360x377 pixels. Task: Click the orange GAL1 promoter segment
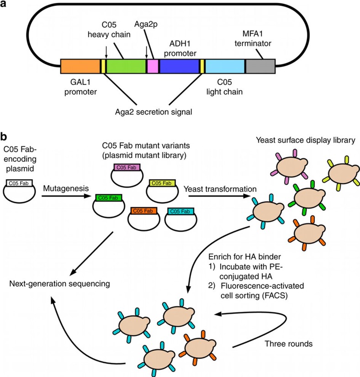pyautogui.click(x=80, y=66)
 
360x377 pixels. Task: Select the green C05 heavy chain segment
pyautogui.click(x=126, y=66)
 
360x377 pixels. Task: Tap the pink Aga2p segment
pyautogui.click(x=153, y=66)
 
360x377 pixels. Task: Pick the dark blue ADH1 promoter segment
pyautogui.click(x=180, y=66)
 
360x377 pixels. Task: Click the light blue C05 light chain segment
pyautogui.click(x=225, y=66)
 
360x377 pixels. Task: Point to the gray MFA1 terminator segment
pyautogui.click(x=260, y=66)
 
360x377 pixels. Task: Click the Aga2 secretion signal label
pyautogui.click(x=154, y=112)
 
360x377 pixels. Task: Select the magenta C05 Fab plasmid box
pyautogui.click(x=127, y=167)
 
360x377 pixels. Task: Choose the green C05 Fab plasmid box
pyautogui.click(x=109, y=198)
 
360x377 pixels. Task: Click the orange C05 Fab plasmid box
pyautogui.click(x=143, y=211)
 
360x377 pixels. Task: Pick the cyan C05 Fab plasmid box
pyautogui.click(x=180, y=211)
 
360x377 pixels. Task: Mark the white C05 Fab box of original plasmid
pyautogui.click(x=19, y=183)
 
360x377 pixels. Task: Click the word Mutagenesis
pyautogui.click(x=66, y=188)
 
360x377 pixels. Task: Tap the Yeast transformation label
pyautogui.click(x=220, y=189)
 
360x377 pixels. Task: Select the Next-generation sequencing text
pyautogui.click(x=59, y=284)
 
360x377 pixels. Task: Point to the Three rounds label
pyautogui.click(x=289, y=344)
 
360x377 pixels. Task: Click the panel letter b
pyautogui.click(x=3, y=137)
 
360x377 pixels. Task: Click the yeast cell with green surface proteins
pyautogui.click(x=307, y=197)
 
